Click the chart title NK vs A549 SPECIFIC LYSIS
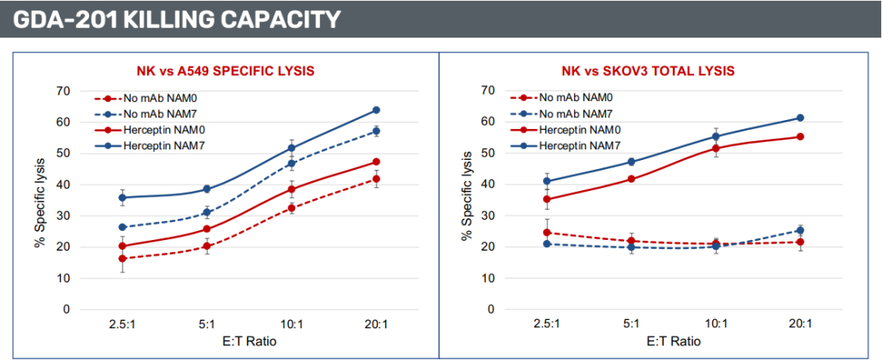click(x=225, y=71)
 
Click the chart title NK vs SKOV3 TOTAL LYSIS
click(x=648, y=71)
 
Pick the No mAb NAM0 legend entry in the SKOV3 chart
click(x=575, y=98)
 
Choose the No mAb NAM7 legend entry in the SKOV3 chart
click(x=575, y=113)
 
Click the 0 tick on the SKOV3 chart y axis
click(x=492, y=309)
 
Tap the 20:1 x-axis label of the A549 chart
click(x=376, y=324)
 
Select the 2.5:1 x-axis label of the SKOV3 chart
click(x=546, y=324)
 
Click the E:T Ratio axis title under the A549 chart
click(x=248, y=341)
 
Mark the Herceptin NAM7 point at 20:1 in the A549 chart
click(x=376, y=110)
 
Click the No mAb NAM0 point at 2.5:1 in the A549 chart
click(x=122, y=259)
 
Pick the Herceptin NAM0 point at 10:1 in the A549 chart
click(x=292, y=189)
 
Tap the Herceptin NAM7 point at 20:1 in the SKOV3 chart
click(x=800, y=118)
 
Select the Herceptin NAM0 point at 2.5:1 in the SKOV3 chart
click(x=546, y=199)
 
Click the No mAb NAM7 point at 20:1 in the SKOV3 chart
click(x=800, y=230)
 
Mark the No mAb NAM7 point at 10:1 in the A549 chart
click(x=292, y=163)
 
